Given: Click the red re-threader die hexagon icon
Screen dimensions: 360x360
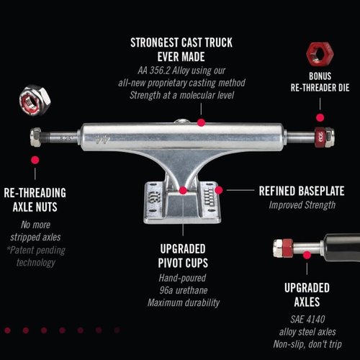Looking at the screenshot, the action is [320, 54].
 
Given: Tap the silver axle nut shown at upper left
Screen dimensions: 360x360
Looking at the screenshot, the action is [35, 100].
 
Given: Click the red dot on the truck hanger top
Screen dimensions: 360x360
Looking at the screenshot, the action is [201, 122].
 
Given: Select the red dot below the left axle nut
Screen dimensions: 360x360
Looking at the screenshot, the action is [35, 160].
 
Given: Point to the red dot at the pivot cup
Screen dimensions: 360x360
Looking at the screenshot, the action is [183, 191].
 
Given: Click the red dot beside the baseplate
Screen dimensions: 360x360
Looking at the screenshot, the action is [219, 190].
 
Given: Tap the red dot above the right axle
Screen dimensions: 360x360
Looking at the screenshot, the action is [320, 117].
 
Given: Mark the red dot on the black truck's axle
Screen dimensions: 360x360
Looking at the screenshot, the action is [307, 255].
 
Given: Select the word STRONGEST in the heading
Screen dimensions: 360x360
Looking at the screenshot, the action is [153, 42].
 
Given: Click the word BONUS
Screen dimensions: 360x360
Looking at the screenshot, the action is [320, 76].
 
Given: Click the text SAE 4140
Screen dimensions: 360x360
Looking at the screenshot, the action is [307, 319].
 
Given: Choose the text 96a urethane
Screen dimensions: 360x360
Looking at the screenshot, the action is [184, 290].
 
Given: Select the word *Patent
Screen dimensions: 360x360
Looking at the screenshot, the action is [21, 250].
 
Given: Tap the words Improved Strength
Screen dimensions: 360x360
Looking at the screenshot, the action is [302, 205].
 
